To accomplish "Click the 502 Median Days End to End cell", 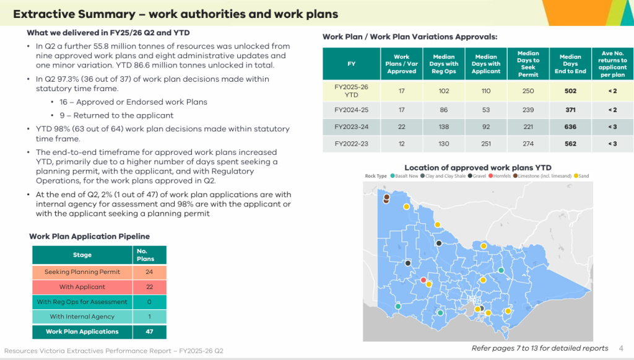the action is [570, 91].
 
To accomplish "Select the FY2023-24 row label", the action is [352, 126].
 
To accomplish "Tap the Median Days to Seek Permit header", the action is [528, 64].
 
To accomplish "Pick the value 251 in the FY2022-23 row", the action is [485, 144].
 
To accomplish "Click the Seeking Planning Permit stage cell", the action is [82, 272].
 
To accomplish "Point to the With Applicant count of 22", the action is [149, 287].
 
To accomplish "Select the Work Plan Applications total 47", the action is [149, 331].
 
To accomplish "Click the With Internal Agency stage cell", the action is [82, 316].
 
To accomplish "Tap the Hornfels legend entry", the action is [500, 176].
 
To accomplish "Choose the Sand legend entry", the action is [581, 176].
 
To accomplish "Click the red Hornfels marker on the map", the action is [423, 280].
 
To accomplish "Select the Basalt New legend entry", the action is [404, 176].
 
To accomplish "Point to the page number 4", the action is [621, 348].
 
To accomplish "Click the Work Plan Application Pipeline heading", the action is [89, 236].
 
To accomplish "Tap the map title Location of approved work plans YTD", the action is [478, 167].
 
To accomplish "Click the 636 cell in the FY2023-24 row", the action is [570, 126].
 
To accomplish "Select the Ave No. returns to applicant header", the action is [612, 64].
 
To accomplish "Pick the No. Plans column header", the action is [145, 255].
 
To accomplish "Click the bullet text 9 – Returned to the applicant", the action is [116, 115].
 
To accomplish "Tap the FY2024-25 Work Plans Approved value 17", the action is [401, 110].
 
